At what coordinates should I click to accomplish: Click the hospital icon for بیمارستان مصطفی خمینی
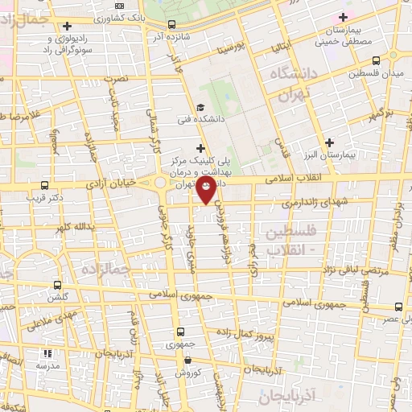[344, 17]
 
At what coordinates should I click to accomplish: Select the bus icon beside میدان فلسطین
[377, 60]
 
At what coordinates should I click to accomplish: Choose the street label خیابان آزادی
[122, 184]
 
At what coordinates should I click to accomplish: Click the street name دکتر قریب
[43, 196]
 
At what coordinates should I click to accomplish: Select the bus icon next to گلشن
[57, 285]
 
